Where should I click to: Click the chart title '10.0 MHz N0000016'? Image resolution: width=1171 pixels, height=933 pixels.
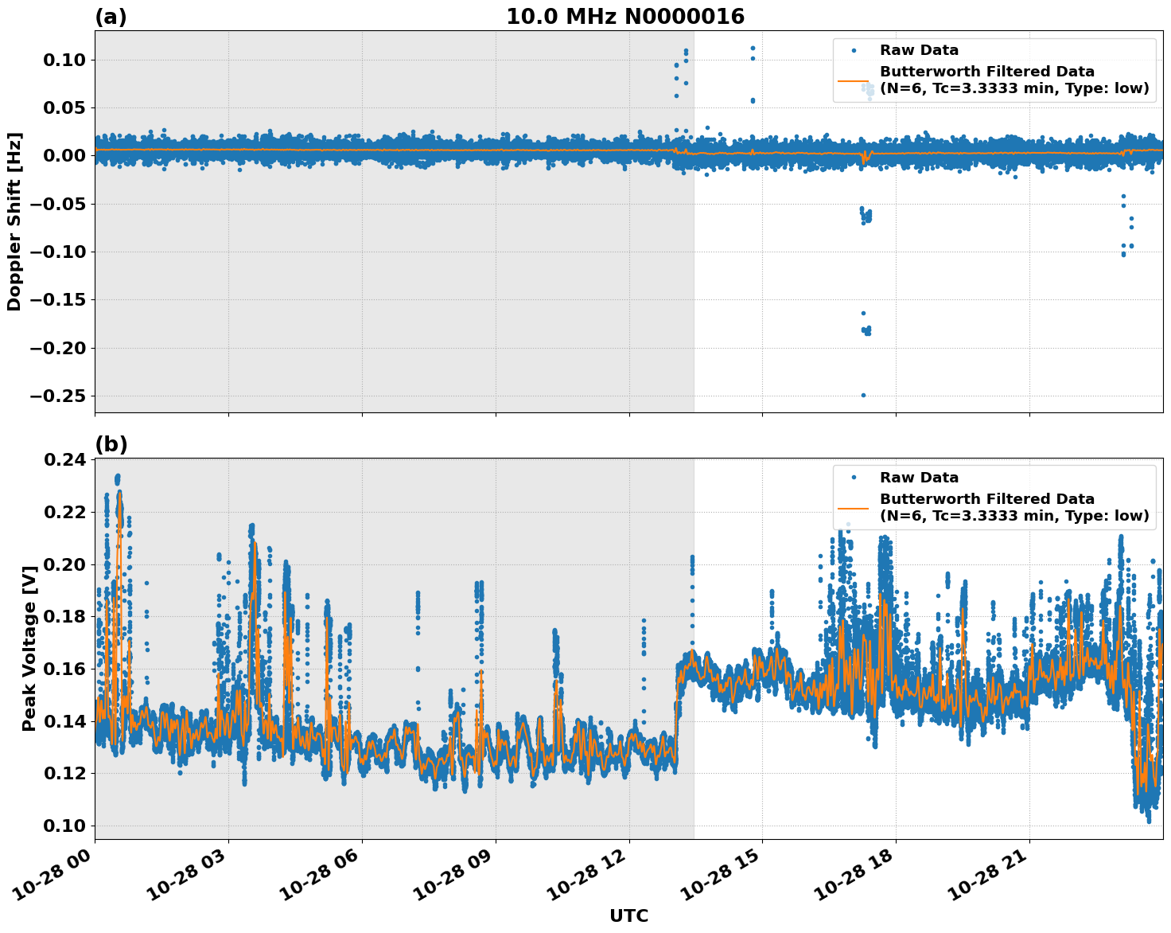click(624, 17)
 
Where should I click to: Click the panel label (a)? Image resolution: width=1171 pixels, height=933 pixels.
click(111, 17)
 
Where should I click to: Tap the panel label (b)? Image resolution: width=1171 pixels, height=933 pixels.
click(111, 444)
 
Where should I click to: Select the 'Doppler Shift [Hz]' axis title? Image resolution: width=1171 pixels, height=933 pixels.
click(14, 221)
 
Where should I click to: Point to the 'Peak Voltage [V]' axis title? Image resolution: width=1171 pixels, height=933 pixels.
click(29, 649)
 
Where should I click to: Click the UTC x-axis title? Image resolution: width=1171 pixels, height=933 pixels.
click(628, 915)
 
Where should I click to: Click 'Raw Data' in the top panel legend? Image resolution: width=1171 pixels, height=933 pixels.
click(919, 50)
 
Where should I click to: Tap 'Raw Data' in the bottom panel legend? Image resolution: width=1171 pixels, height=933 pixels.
click(919, 478)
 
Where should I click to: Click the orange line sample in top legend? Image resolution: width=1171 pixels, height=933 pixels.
click(854, 80)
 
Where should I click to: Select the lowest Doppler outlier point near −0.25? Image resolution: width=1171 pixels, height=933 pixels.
click(863, 395)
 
